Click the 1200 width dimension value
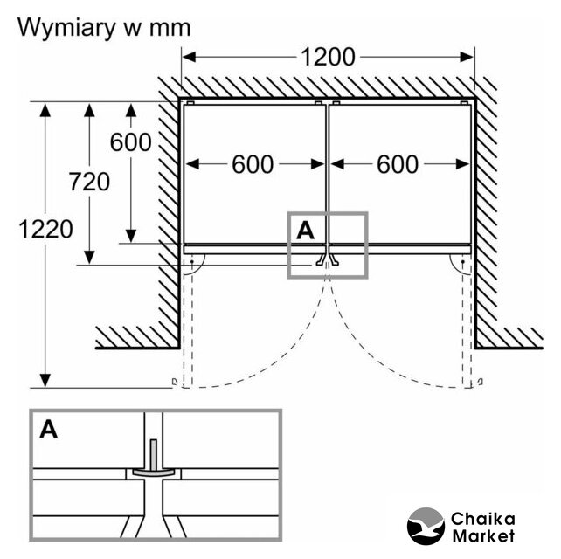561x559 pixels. (328, 57)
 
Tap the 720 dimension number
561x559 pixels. (90, 182)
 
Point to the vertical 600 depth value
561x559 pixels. (131, 141)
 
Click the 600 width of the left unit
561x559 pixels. (253, 164)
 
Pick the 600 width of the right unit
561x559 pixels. (398, 164)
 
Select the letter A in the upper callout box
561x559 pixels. (305, 230)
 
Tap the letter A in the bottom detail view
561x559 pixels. (49, 430)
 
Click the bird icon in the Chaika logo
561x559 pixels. (426, 526)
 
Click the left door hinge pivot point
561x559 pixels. (191, 262)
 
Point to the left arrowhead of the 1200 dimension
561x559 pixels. (187, 57)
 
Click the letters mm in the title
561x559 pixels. (166, 27)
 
